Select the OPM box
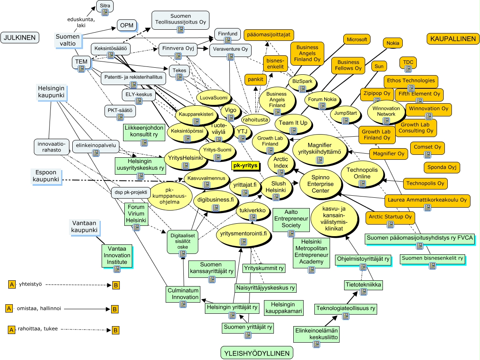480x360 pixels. [x=126, y=25]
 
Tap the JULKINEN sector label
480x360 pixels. [x=20, y=38]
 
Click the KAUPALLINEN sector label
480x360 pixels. [x=453, y=39]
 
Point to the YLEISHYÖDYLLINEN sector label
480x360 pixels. [x=257, y=353]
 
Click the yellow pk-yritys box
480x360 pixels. [x=245, y=166]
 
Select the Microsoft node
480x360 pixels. [x=356, y=40]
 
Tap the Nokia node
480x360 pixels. [x=393, y=43]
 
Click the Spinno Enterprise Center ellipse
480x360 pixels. [x=321, y=184]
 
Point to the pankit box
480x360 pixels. [x=255, y=80]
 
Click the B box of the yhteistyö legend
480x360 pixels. [x=116, y=285]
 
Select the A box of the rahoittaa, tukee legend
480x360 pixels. [x=11, y=330]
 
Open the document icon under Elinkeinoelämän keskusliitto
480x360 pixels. [x=316, y=344]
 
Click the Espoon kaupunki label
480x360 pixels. [x=46, y=176]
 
